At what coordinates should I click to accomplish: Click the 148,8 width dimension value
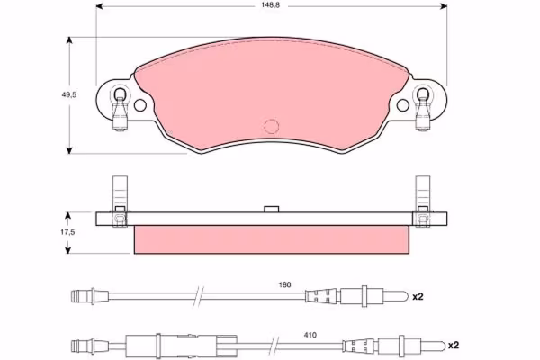pyautogui.click(x=270, y=5)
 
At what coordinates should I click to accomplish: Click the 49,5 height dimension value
pyautogui.click(x=69, y=95)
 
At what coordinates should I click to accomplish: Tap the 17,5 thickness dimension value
pyautogui.click(x=67, y=232)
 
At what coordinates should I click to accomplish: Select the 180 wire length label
pyautogui.click(x=284, y=285)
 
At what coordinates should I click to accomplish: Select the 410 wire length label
pyautogui.click(x=310, y=335)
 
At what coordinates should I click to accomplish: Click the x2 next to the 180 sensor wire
pyautogui.click(x=418, y=296)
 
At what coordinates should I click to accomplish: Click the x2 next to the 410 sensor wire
pyautogui.click(x=454, y=346)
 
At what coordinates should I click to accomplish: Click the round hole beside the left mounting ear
pyautogui.click(x=140, y=105)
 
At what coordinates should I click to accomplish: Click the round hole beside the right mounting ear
pyautogui.click(x=403, y=105)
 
